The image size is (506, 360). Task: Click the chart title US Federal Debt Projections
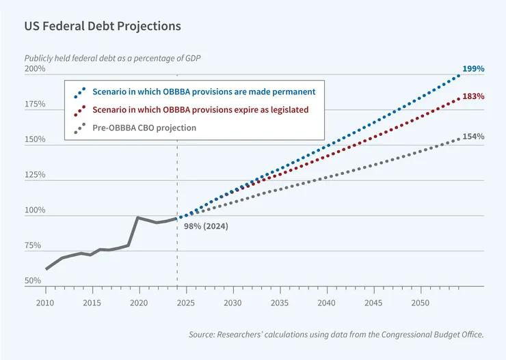103,26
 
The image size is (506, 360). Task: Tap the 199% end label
473,69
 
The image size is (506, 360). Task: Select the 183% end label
473,96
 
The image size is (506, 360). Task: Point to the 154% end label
473,137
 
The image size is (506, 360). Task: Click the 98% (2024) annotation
207,225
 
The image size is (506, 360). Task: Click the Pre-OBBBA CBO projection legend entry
144,128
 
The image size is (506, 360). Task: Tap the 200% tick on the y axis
35,69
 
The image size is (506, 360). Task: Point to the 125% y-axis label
35,175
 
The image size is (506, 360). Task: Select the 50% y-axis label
34,281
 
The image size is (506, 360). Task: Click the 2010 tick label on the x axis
45,303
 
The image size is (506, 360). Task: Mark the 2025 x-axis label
186,303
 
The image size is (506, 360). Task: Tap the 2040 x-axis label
327,303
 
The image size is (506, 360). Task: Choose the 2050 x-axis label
421,303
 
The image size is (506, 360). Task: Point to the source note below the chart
336,335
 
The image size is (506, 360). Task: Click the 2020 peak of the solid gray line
139,217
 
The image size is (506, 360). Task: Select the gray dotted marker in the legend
80,128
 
